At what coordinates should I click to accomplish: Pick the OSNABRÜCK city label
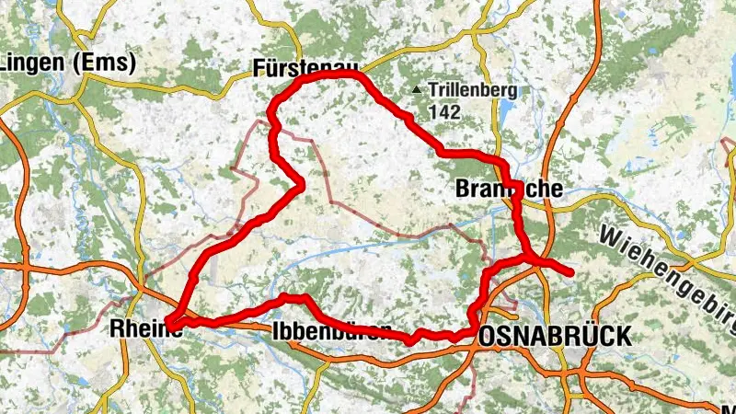click(x=555, y=337)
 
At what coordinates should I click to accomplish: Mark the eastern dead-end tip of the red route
click(x=571, y=272)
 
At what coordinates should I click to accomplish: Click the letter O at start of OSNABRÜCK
click(x=488, y=337)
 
